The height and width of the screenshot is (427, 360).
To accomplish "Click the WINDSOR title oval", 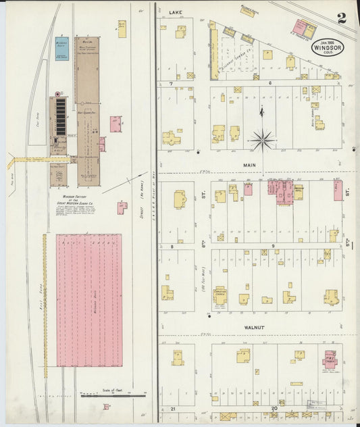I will (x=328, y=47).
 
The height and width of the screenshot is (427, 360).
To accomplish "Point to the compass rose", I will (x=262, y=141).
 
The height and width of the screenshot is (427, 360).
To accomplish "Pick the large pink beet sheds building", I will (x=88, y=300).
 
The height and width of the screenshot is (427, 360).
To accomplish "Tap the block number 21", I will (x=173, y=409).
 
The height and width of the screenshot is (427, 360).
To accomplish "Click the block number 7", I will (x=172, y=83).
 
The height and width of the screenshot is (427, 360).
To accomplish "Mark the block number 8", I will (x=172, y=246).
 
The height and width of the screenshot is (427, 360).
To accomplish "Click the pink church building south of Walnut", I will (x=330, y=358).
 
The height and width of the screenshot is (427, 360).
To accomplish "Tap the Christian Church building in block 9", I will (x=220, y=295).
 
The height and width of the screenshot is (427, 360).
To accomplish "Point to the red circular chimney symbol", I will (x=57, y=94).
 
